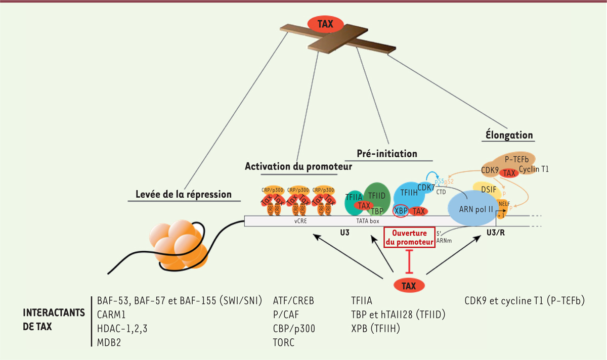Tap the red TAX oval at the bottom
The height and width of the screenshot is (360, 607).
409,285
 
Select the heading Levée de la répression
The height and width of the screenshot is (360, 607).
184,194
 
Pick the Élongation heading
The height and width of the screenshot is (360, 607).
507,135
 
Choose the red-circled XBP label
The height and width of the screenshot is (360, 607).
401,211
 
